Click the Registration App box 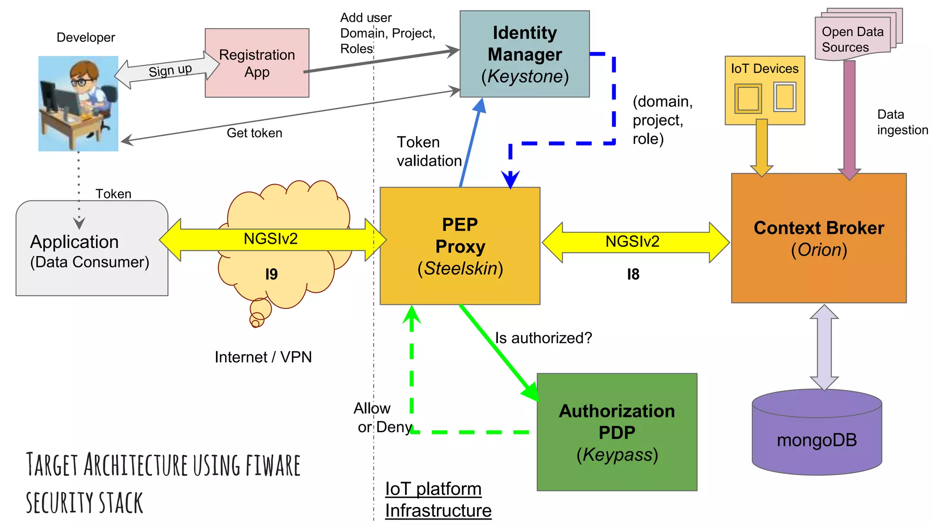[x=257, y=63]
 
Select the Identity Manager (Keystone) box [x=524, y=54]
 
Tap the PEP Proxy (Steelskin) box [x=460, y=246]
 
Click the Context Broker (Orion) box [x=819, y=238]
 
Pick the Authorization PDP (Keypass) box [x=617, y=432]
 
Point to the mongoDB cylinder [x=817, y=440]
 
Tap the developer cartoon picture [x=78, y=103]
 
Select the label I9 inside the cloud [x=272, y=274]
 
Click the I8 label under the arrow [x=633, y=274]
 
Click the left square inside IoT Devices [x=748, y=98]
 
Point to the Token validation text [x=428, y=151]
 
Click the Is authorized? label [x=543, y=338]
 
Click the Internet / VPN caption [x=263, y=357]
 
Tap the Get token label [x=254, y=133]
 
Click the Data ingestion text [x=902, y=122]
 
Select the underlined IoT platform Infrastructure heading [x=438, y=499]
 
